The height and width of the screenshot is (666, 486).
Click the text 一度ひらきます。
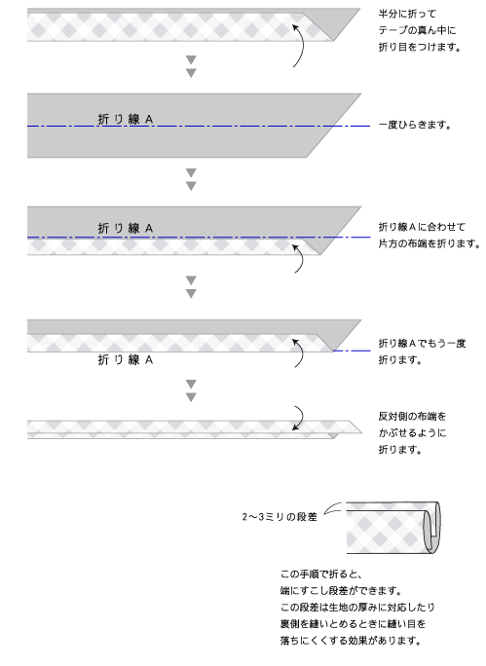[415, 126]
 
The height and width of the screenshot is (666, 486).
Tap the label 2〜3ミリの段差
[280, 517]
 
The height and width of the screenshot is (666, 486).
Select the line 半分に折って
[407, 14]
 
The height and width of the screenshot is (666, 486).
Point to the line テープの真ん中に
[417, 30]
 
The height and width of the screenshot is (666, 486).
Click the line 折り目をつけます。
[420, 47]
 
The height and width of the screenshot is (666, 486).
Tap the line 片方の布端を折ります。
[430, 243]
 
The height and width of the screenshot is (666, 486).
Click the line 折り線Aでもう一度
[422, 343]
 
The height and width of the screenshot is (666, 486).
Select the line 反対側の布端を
[412, 417]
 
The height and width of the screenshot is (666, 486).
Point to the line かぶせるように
[412, 433]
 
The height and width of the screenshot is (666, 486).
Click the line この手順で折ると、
[321, 574]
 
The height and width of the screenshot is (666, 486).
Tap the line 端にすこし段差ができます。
[341, 591]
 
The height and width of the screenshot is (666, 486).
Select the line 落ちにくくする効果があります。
[351, 641]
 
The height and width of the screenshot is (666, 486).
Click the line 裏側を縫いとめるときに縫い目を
[353, 624]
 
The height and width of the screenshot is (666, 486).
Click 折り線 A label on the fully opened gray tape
[126, 120]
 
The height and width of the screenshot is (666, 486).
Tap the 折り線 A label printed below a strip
[126, 359]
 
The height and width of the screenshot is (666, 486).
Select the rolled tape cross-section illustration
[393, 528]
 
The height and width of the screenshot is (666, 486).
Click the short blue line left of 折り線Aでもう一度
[352, 351]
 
